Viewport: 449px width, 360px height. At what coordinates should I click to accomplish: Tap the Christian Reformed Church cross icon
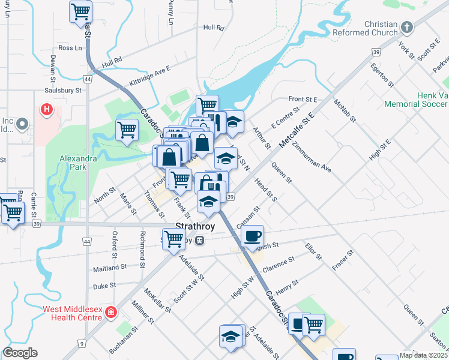click(x=408, y=27)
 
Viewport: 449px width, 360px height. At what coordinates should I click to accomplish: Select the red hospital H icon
click(x=46, y=109)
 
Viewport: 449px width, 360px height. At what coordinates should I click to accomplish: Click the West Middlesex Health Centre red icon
click(x=110, y=313)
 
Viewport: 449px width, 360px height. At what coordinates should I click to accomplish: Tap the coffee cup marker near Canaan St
click(x=253, y=235)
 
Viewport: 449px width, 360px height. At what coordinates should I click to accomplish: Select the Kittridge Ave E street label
click(x=149, y=77)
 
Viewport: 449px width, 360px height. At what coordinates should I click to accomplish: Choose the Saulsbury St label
click(x=62, y=91)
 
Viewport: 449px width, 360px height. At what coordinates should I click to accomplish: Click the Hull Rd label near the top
click(x=213, y=28)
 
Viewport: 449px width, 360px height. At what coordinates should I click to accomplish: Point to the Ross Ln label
click(x=70, y=48)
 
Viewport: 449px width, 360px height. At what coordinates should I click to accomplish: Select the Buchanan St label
click(x=124, y=340)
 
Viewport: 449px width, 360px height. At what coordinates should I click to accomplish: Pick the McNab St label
click(x=346, y=111)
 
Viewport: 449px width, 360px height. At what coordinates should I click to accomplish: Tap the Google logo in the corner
click(x=20, y=353)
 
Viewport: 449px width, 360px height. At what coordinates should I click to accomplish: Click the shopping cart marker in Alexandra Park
click(x=127, y=130)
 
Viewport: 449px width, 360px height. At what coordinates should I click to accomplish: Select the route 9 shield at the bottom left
click(x=82, y=344)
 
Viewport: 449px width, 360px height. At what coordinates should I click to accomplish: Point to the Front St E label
click(x=302, y=99)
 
